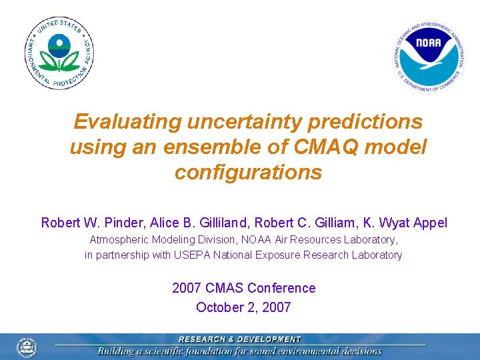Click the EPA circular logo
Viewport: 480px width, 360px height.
coord(59,53)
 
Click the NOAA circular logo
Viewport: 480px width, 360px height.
coord(429,56)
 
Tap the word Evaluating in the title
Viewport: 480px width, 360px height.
coord(127,122)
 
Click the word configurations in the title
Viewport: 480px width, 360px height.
coord(248,173)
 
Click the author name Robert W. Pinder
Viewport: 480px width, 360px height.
coord(85,223)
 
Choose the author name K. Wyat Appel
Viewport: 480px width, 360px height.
coord(399,223)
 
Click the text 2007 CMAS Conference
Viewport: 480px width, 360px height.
coord(243,288)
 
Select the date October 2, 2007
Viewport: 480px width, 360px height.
coord(243,307)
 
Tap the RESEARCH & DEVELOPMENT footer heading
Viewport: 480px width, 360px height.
coord(239,339)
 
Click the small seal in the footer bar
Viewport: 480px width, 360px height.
coord(27,347)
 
